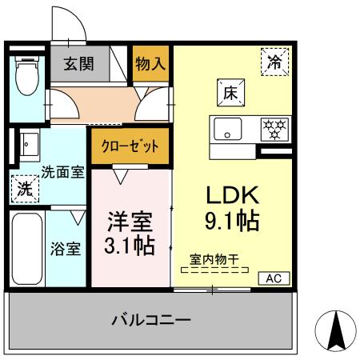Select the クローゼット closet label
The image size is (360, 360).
point(130,147)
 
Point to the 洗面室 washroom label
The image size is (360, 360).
point(63,171)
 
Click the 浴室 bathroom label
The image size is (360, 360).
point(65,248)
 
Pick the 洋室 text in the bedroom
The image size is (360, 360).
point(130,221)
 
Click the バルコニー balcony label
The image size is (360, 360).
point(151,321)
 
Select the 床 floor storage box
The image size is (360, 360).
point(228,92)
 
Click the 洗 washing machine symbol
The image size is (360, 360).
point(26,190)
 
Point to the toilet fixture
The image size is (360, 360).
point(26,81)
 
